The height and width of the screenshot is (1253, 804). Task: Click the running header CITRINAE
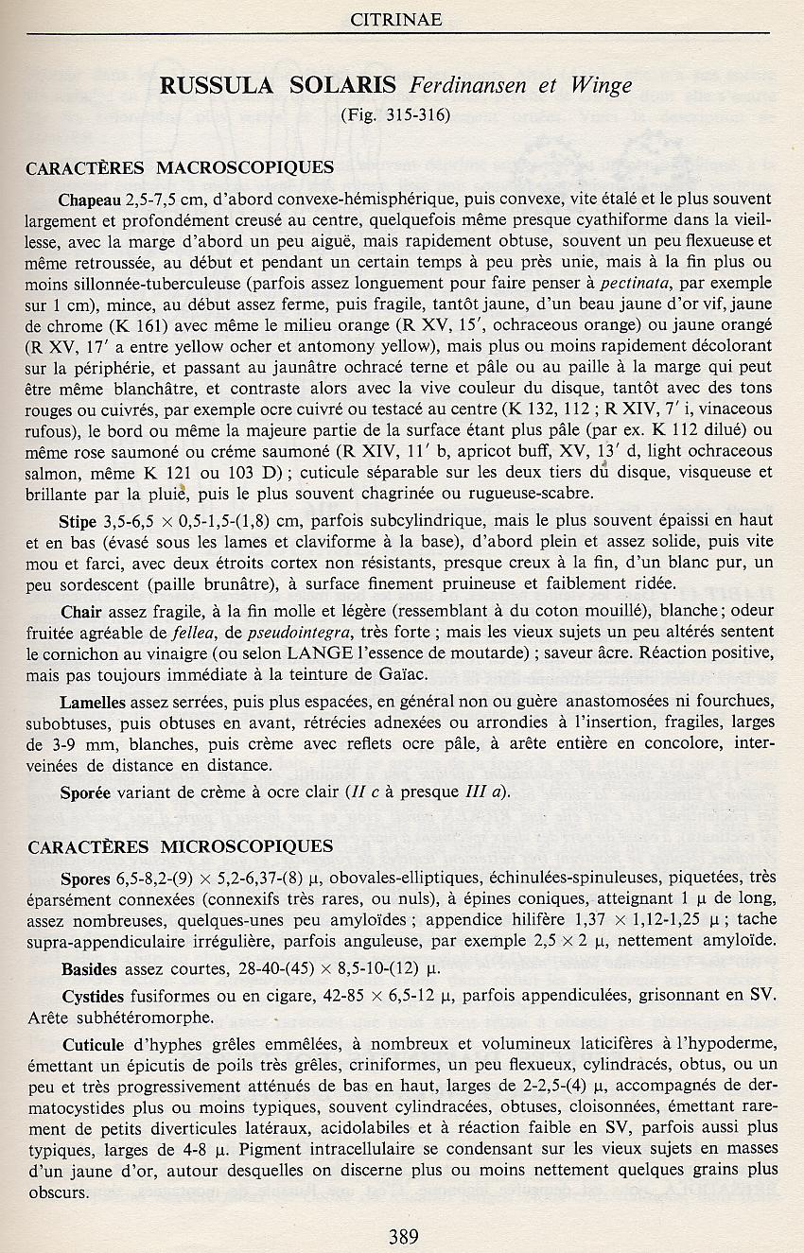click(396, 19)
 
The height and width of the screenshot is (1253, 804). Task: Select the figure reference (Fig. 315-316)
click(396, 116)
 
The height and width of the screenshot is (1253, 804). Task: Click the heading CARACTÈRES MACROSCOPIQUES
click(180, 168)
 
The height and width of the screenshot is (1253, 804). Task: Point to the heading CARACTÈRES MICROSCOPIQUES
click(180, 845)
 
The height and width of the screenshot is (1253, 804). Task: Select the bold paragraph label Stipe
click(78, 520)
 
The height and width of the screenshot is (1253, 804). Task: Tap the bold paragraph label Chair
click(79, 612)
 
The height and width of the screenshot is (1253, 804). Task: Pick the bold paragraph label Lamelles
click(92, 704)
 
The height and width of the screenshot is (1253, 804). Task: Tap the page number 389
click(403, 1235)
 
